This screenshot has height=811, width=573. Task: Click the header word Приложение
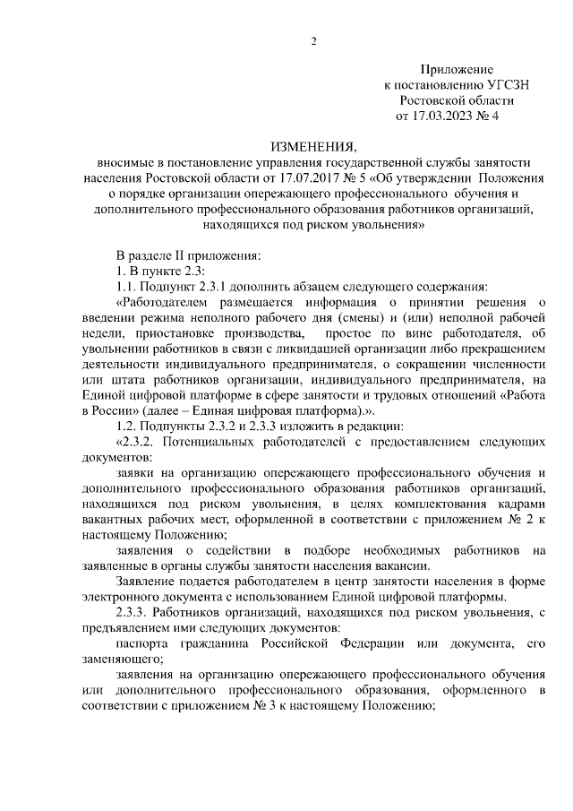(457, 69)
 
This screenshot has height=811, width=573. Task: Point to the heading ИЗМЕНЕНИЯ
(312, 146)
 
